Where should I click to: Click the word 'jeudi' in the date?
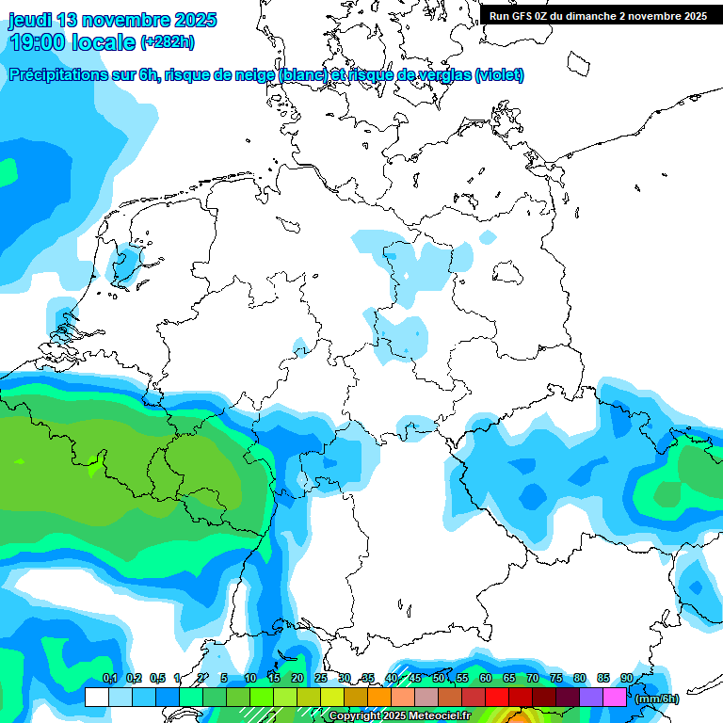(30, 20)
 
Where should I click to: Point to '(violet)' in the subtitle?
(499, 75)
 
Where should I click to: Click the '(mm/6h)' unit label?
(657, 699)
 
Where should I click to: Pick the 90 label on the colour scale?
(627, 678)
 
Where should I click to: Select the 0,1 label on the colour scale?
(109, 678)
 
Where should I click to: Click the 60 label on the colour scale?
(486, 678)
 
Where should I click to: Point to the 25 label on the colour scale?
(321, 678)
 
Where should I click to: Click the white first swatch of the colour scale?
(96, 698)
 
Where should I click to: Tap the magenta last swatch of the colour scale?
(615, 698)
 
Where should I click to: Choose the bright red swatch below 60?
(497, 698)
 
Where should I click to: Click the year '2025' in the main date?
(190, 20)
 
